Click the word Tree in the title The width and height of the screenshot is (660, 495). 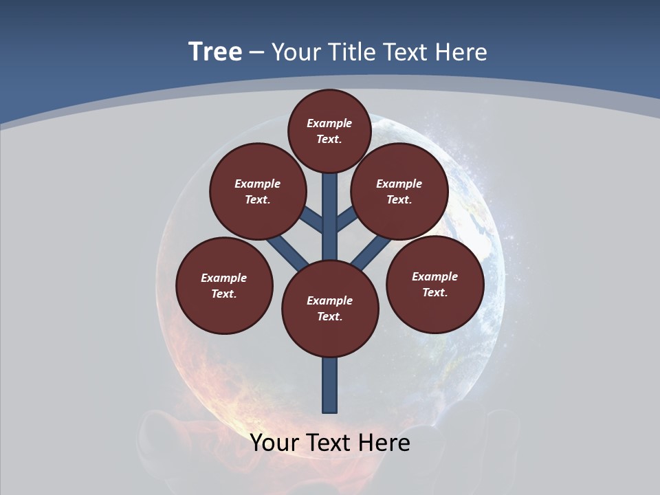tap(215, 52)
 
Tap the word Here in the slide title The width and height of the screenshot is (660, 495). tap(461, 52)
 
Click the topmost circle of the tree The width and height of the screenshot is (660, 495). tap(329, 131)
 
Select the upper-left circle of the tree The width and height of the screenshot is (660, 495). tap(257, 191)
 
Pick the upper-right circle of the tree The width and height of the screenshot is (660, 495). tap(399, 191)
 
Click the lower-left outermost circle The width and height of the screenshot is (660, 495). tap(224, 285)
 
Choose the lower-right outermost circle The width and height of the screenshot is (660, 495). tap(434, 284)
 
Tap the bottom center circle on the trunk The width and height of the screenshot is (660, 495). tap(330, 308)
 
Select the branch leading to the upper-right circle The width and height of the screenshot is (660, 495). tap(346, 220)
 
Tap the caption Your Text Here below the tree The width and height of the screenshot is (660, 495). tap(330, 442)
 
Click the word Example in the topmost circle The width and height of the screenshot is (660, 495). tap(329, 123)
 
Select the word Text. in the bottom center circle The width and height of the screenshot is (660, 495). tap(329, 316)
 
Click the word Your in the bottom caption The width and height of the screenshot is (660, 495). tap(274, 442)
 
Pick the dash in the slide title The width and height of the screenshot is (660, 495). tap(256, 52)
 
